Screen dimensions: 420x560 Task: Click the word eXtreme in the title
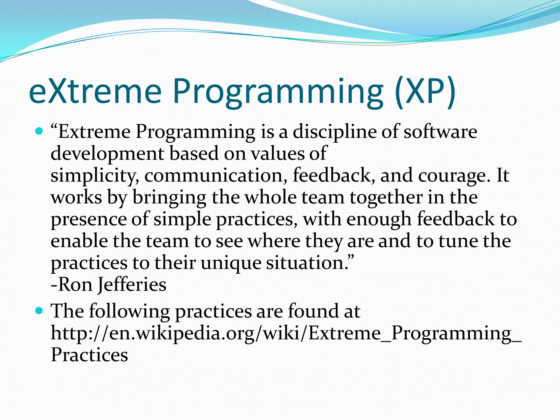click(95, 91)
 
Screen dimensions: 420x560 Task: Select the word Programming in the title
click(278, 93)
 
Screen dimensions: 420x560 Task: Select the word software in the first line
click(441, 132)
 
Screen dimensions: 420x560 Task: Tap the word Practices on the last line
click(89, 355)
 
